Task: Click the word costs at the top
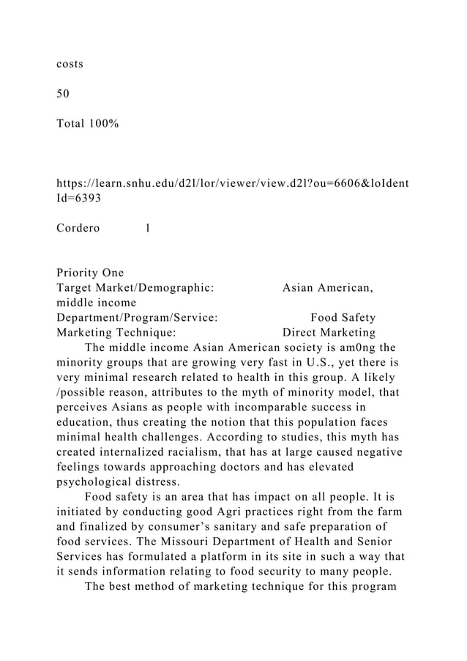click(x=70, y=64)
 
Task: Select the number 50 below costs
click(x=63, y=94)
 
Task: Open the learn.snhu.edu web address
click(x=233, y=182)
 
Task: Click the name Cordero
click(x=78, y=228)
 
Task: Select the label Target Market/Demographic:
click(x=135, y=288)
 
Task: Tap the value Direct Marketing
click(x=329, y=332)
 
